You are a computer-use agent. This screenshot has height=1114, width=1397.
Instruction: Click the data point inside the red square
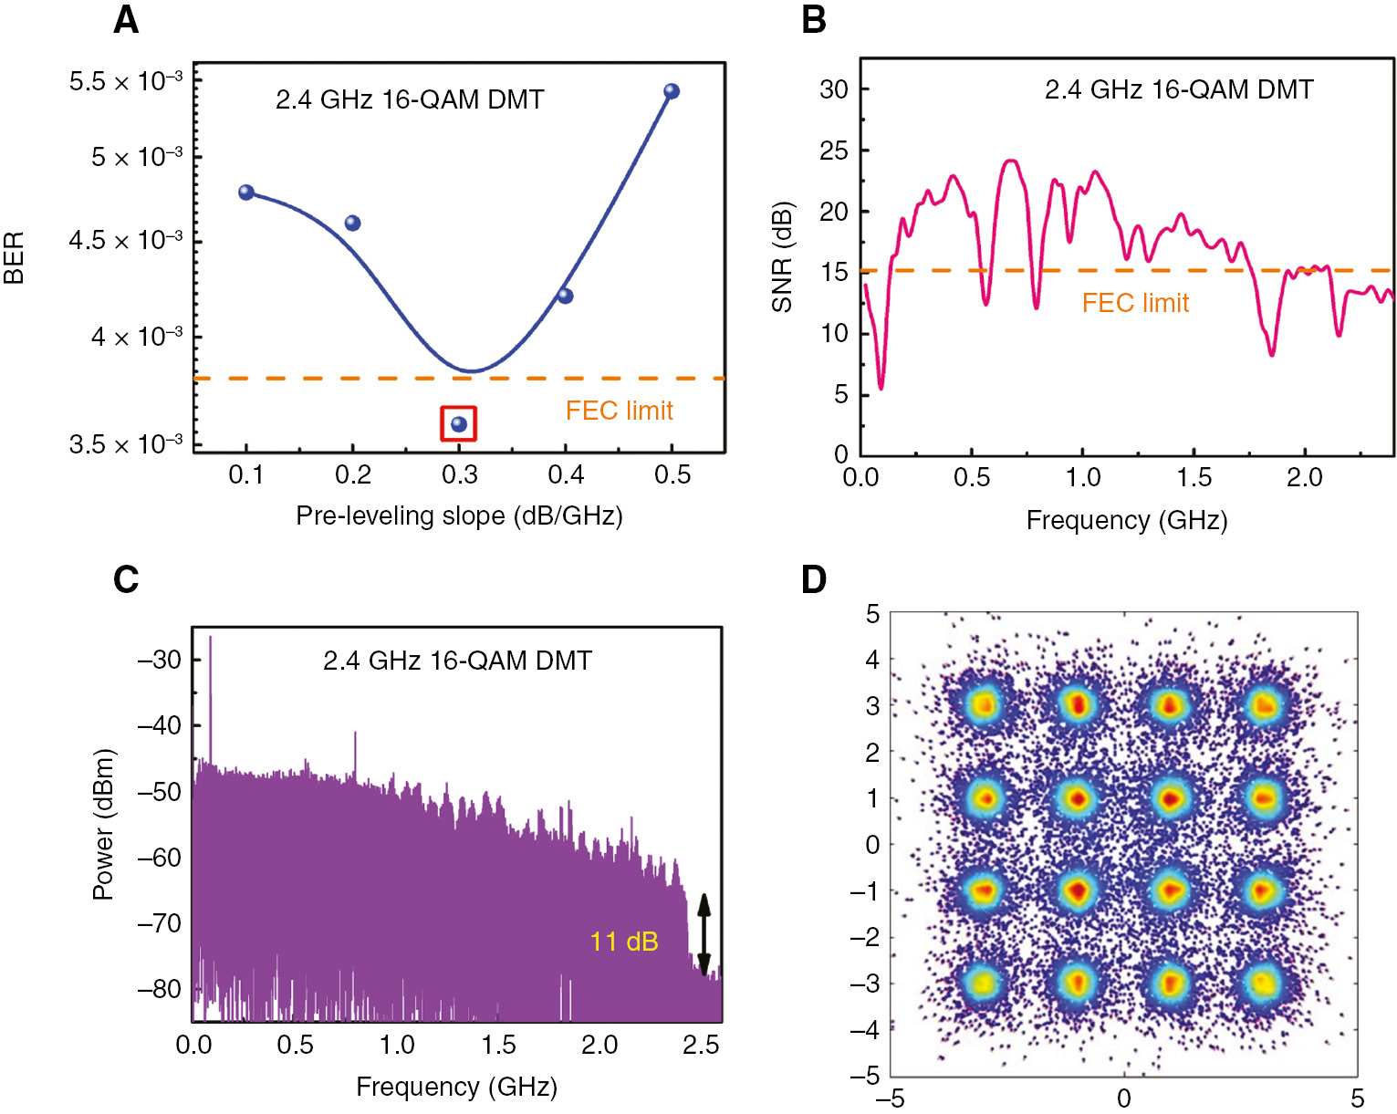(x=459, y=424)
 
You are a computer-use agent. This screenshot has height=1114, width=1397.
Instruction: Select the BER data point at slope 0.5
(x=672, y=91)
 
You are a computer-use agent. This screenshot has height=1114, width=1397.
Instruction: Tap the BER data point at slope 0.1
(x=246, y=193)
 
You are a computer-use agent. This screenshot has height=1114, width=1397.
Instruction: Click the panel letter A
(x=126, y=20)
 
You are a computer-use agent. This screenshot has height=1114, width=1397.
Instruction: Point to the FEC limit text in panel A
(x=619, y=411)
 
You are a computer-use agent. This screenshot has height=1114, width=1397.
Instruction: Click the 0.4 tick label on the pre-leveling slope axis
(x=566, y=474)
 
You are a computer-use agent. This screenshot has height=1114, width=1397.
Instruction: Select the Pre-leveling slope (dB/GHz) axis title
(x=459, y=516)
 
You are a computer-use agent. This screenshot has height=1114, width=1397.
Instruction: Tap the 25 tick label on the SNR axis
(x=833, y=151)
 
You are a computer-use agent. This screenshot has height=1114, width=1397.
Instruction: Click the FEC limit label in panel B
(x=1135, y=303)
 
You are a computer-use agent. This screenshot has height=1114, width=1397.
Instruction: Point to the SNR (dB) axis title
(x=782, y=257)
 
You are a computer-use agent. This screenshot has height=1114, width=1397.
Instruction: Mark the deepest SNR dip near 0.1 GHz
(x=881, y=388)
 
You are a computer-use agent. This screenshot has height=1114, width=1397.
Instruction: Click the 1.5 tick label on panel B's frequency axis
(x=1194, y=477)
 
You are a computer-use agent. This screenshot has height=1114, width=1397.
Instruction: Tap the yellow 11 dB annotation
(x=624, y=942)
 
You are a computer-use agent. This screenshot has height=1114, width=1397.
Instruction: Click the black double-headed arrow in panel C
(x=704, y=934)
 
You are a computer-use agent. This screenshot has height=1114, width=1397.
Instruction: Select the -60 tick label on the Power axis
(x=160, y=858)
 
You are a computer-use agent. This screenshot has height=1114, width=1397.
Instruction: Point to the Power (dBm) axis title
(x=103, y=825)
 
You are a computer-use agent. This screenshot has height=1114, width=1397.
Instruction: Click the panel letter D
(x=813, y=579)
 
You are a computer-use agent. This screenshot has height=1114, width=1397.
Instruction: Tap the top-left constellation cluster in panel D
(x=984, y=704)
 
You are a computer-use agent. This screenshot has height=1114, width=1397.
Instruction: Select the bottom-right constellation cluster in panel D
(x=1263, y=983)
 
